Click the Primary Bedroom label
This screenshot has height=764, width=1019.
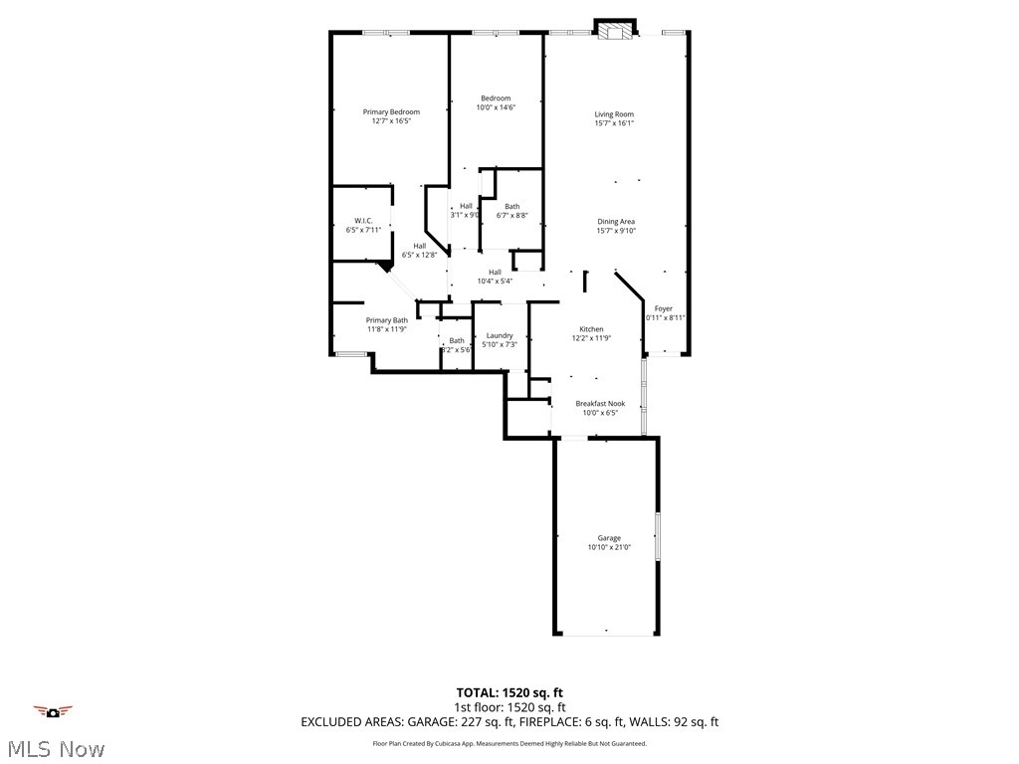[x=391, y=111]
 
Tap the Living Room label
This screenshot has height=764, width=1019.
[x=614, y=114]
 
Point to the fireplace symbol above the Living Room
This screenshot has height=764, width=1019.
[x=614, y=30]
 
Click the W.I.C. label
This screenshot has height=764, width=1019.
[x=362, y=221]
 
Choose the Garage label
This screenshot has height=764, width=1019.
[x=608, y=538]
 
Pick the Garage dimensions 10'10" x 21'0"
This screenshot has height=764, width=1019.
[x=608, y=547]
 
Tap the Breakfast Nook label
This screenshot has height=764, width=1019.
[x=600, y=403]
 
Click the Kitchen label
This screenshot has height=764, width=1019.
[x=591, y=329]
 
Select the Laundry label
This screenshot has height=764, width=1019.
[x=500, y=335]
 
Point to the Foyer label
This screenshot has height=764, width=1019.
[x=663, y=308]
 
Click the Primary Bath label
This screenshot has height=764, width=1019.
[x=386, y=319]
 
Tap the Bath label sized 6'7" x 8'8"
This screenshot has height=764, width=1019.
[x=511, y=206]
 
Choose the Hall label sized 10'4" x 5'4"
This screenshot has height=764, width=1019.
[x=495, y=272]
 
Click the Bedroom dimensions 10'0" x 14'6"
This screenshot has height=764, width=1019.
[x=496, y=107]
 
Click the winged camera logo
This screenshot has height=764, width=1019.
[x=54, y=710]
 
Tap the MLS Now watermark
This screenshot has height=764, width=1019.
[x=54, y=748]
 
